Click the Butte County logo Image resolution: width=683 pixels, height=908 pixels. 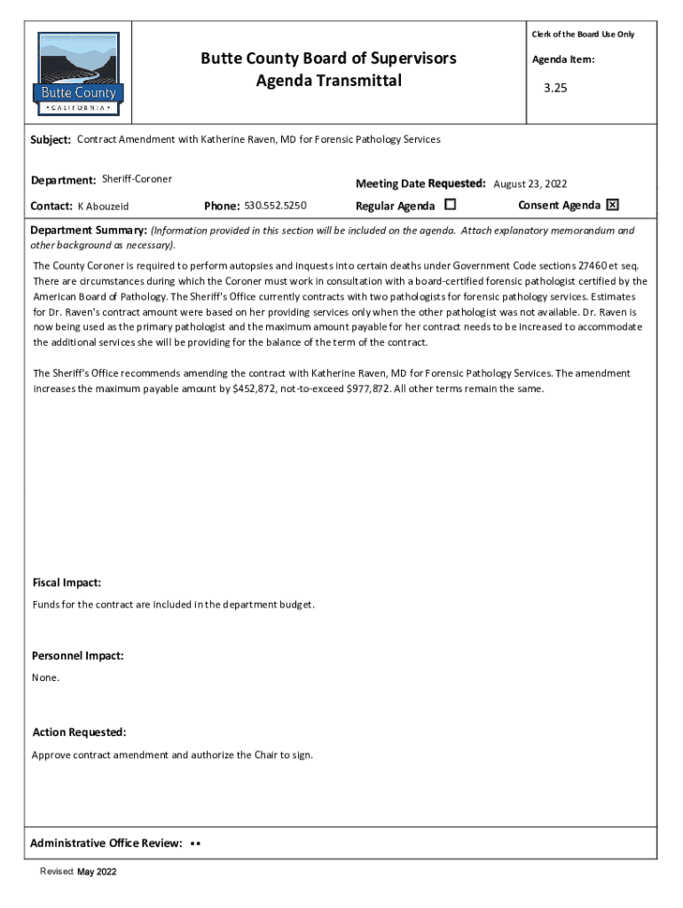(79, 74)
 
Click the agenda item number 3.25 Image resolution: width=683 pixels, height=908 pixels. (555, 90)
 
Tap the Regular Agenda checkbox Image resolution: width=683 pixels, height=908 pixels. (450, 205)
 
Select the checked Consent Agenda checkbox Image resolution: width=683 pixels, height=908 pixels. (612, 205)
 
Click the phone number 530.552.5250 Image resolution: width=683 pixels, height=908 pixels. (275, 206)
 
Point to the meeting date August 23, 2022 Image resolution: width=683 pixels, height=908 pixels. (530, 184)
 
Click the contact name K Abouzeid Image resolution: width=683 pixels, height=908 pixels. (103, 207)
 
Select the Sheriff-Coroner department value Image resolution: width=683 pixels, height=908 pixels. (137, 179)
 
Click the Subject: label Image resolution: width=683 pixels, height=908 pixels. (51, 140)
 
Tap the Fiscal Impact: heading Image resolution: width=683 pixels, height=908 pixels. (67, 583)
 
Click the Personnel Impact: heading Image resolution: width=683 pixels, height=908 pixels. (78, 656)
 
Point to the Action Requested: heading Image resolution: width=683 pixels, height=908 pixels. (79, 732)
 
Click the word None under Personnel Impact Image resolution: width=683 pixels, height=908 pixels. (45, 677)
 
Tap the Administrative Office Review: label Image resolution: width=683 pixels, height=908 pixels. (106, 842)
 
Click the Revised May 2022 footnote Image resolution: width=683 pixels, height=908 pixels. (78, 873)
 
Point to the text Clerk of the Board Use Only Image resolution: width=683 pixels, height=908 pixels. (583, 35)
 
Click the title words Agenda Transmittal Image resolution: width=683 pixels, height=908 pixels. (328, 82)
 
